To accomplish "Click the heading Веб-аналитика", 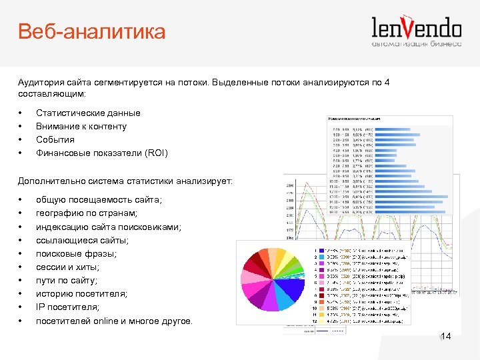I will pos(91,31).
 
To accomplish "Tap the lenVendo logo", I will pos(416,28).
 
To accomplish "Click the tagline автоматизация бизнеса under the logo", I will pos(417,45).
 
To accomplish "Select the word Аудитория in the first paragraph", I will pos(41,81).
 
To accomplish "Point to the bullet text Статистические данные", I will pos(88,113).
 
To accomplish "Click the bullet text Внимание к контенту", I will pos(81,127).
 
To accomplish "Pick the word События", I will pos(55,140).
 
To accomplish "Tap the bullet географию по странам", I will pos(87,213).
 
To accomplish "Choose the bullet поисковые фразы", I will pos(76,254).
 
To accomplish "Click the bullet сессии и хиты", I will pos(69,267).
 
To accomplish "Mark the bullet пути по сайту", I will pos(67,281).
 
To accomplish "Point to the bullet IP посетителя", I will pos(67,307).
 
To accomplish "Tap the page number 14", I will pos(446,337).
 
